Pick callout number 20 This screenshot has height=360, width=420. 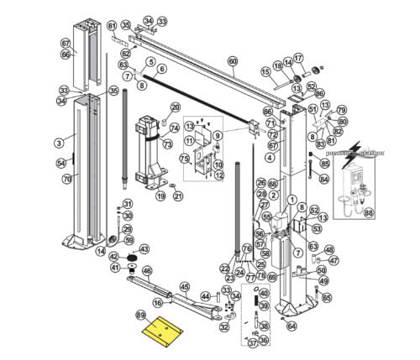click(176, 107)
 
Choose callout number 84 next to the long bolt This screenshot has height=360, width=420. click(325, 178)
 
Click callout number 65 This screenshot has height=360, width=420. click(327, 297)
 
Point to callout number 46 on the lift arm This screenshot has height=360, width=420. click(147, 271)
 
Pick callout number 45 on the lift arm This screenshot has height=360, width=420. click(185, 286)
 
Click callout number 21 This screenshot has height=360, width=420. click(177, 196)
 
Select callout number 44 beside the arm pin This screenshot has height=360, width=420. click(204, 296)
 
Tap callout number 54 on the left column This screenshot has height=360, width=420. click(60, 163)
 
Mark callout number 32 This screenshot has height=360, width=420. click(223, 327)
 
